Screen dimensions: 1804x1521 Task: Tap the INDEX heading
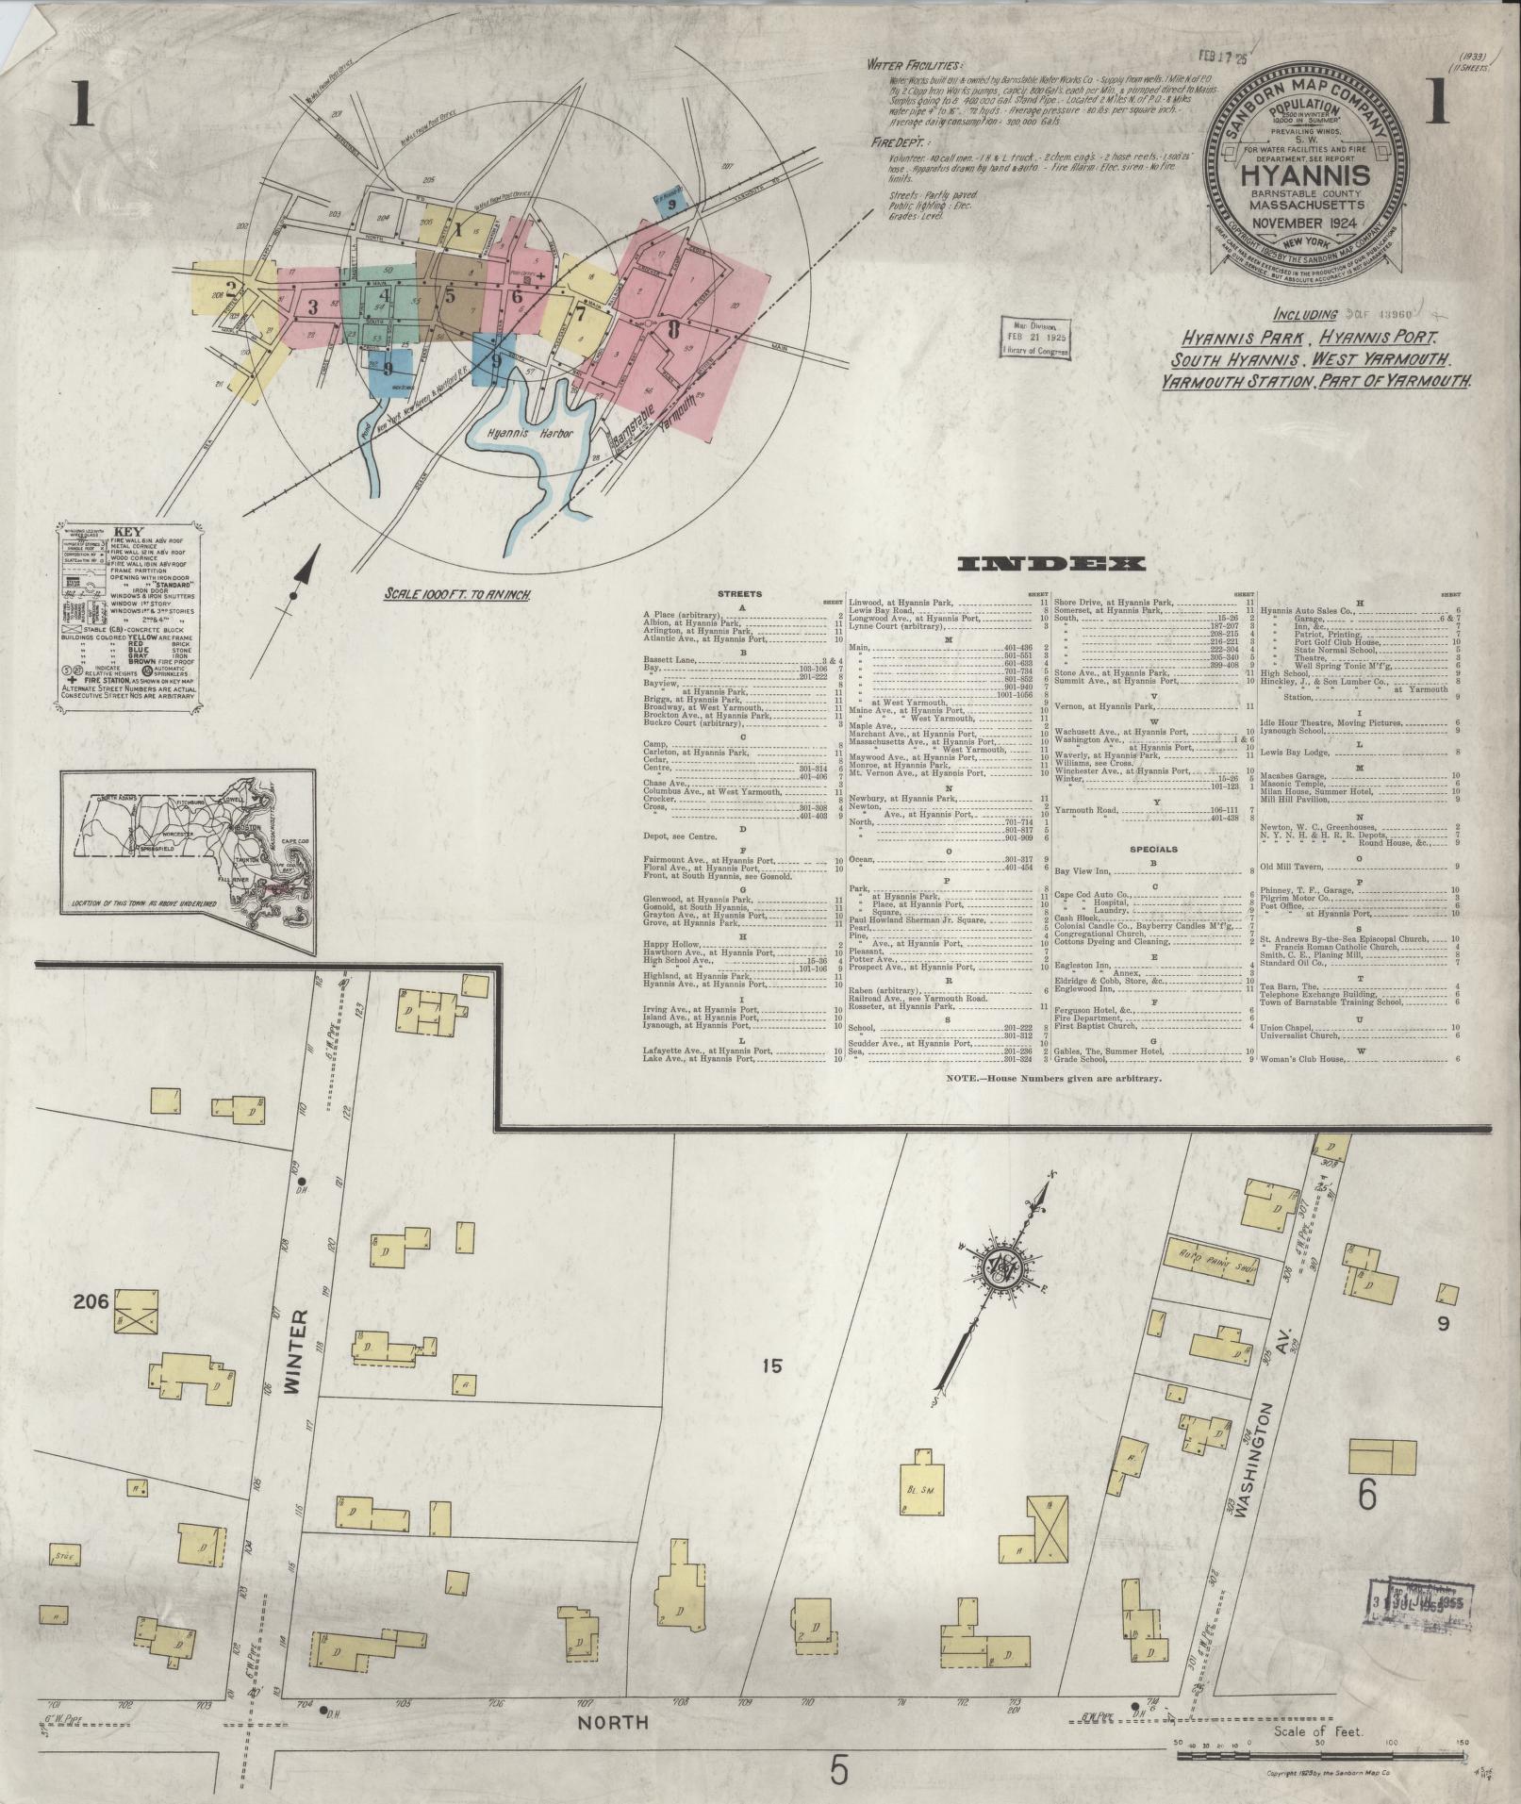1050,564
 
